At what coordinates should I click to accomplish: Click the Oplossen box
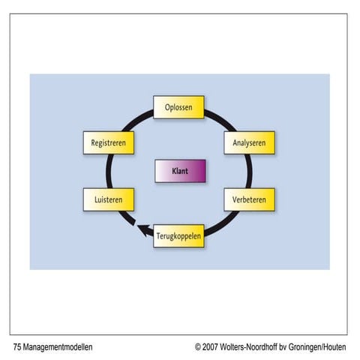coord(178,108)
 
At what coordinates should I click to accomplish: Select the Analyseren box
coord(249,142)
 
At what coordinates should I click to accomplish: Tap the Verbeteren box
coord(249,200)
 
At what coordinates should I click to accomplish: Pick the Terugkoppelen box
coord(178,236)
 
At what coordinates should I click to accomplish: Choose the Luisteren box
coord(108,200)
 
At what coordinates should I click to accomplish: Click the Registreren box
coord(108,142)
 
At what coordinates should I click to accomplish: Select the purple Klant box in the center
coord(179,171)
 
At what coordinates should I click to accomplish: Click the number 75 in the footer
coord(17,347)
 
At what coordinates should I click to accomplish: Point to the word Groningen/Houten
coord(323,347)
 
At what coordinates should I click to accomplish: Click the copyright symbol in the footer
coord(199,347)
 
